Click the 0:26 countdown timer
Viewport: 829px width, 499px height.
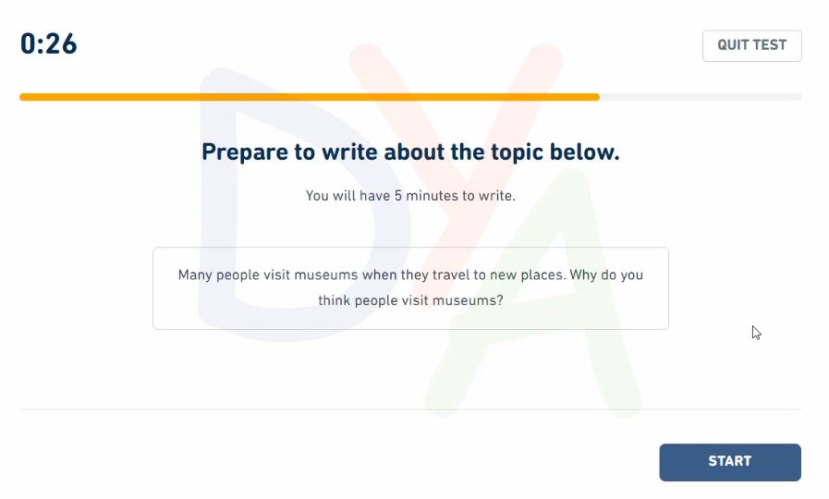49,43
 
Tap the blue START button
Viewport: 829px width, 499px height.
729,462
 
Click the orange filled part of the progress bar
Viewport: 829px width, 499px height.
310,97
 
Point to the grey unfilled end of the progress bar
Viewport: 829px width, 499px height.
701,97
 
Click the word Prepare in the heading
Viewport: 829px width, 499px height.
245,152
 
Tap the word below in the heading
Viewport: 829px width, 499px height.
584,152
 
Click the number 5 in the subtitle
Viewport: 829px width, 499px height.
398,196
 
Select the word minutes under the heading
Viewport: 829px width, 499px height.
432,196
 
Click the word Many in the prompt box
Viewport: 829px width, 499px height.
195,275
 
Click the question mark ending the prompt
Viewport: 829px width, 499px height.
500,300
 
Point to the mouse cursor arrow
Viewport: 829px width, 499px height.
756,333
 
